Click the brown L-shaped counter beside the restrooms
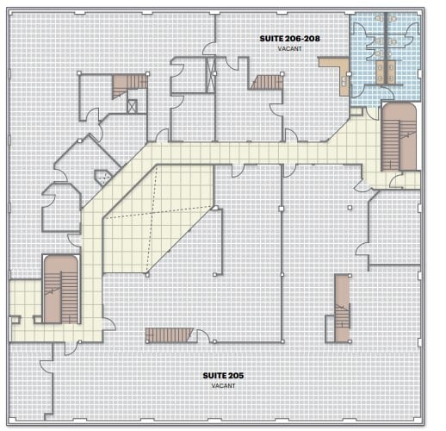tap(336, 68)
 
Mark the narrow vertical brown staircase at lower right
tap(342, 302)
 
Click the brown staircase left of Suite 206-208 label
tap(266, 82)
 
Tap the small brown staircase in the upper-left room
tap(131, 82)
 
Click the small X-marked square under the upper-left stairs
tap(133, 106)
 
